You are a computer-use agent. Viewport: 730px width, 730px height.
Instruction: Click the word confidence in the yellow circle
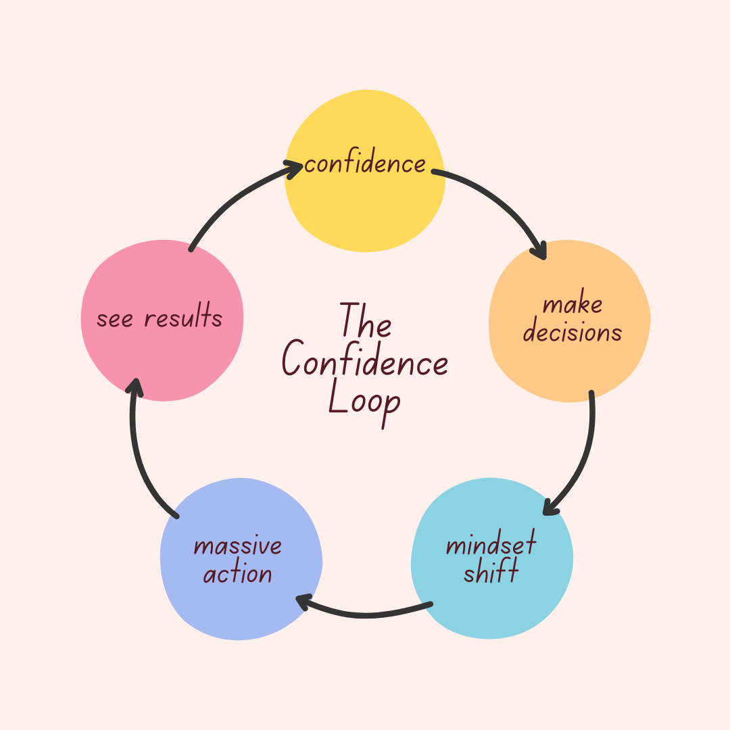click(x=365, y=164)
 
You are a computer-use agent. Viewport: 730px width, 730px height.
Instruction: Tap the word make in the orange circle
click(x=573, y=305)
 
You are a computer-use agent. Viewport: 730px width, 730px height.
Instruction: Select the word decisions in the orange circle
click(x=573, y=333)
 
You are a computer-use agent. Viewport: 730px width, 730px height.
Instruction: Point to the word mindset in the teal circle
click(x=491, y=545)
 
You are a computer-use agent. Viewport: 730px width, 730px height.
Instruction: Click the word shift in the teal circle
click(x=491, y=573)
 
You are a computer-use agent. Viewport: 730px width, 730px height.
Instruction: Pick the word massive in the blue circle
click(x=237, y=545)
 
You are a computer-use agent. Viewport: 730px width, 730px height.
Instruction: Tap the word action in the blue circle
click(x=237, y=575)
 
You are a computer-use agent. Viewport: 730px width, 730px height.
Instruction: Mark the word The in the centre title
click(x=365, y=321)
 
